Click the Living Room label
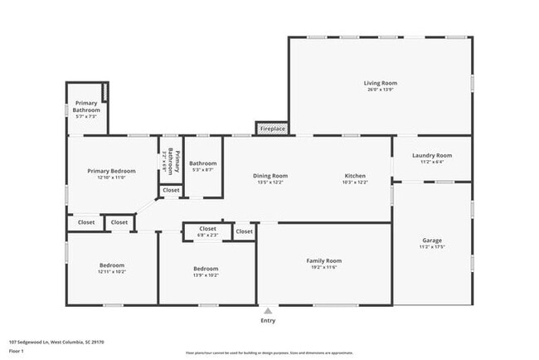click(x=381, y=83)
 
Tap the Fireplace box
click(x=273, y=129)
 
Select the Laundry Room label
click(x=432, y=155)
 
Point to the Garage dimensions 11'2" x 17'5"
click(x=432, y=246)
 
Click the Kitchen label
click(x=355, y=176)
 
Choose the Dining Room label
click(x=270, y=176)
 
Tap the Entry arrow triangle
click(x=268, y=311)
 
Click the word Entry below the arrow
click(x=268, y=321)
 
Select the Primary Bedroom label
click(x=111, y=171)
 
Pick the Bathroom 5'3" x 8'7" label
click(x=203, y=166)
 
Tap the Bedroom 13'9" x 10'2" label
click(x=206, y=271)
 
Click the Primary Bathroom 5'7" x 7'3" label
click(x=86, y=111)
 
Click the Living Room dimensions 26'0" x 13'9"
click(x=381, y=89)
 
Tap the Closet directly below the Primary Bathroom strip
click(x=171, y=190)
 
